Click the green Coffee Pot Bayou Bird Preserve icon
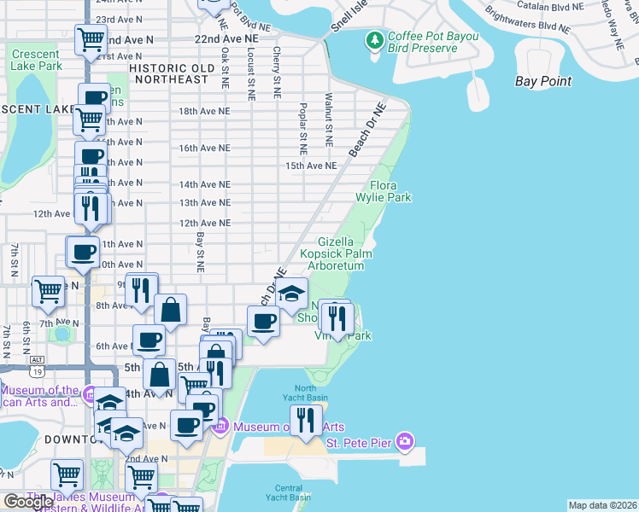click(x=374, y=40)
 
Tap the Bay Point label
click(x=543, y=81)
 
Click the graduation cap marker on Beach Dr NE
click(x=291, y=294)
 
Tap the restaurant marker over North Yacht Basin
click(x=306, y=419)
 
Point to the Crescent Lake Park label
click(x=37, y=60)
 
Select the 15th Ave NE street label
click(x=306, y=166)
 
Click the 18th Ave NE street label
click(x=204, y=111)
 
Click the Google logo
click(x=28, y=502)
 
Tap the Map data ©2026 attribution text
click(x=601, y=505)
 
